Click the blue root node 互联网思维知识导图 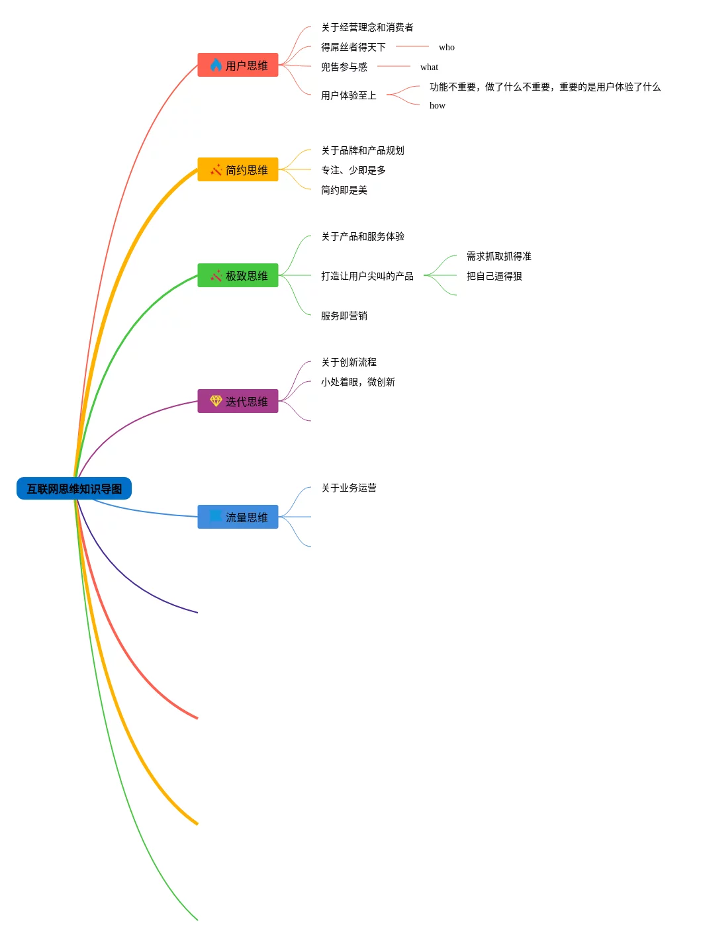click(74, 489)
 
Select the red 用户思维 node click(238, 66)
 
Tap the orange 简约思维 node click(238, 170)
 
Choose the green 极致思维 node click(238, 276)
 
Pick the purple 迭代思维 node click(238, 402)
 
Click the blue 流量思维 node click(238, 517)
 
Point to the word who click(447, 48)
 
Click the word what click(429, 67)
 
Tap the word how click(438, 106)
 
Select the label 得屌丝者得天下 click(353, 48)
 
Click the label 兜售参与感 click(344, 67)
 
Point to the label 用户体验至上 click(349, 96)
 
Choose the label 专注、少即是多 click(353, 171)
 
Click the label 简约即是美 click(344, 191)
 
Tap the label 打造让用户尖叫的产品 click(367, 277)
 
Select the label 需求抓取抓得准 click(499, 257)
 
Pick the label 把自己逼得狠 click(494, 277)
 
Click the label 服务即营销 click(344, 316)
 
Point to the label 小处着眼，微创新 click(358, 382)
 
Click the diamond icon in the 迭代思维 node click(216, 401)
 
